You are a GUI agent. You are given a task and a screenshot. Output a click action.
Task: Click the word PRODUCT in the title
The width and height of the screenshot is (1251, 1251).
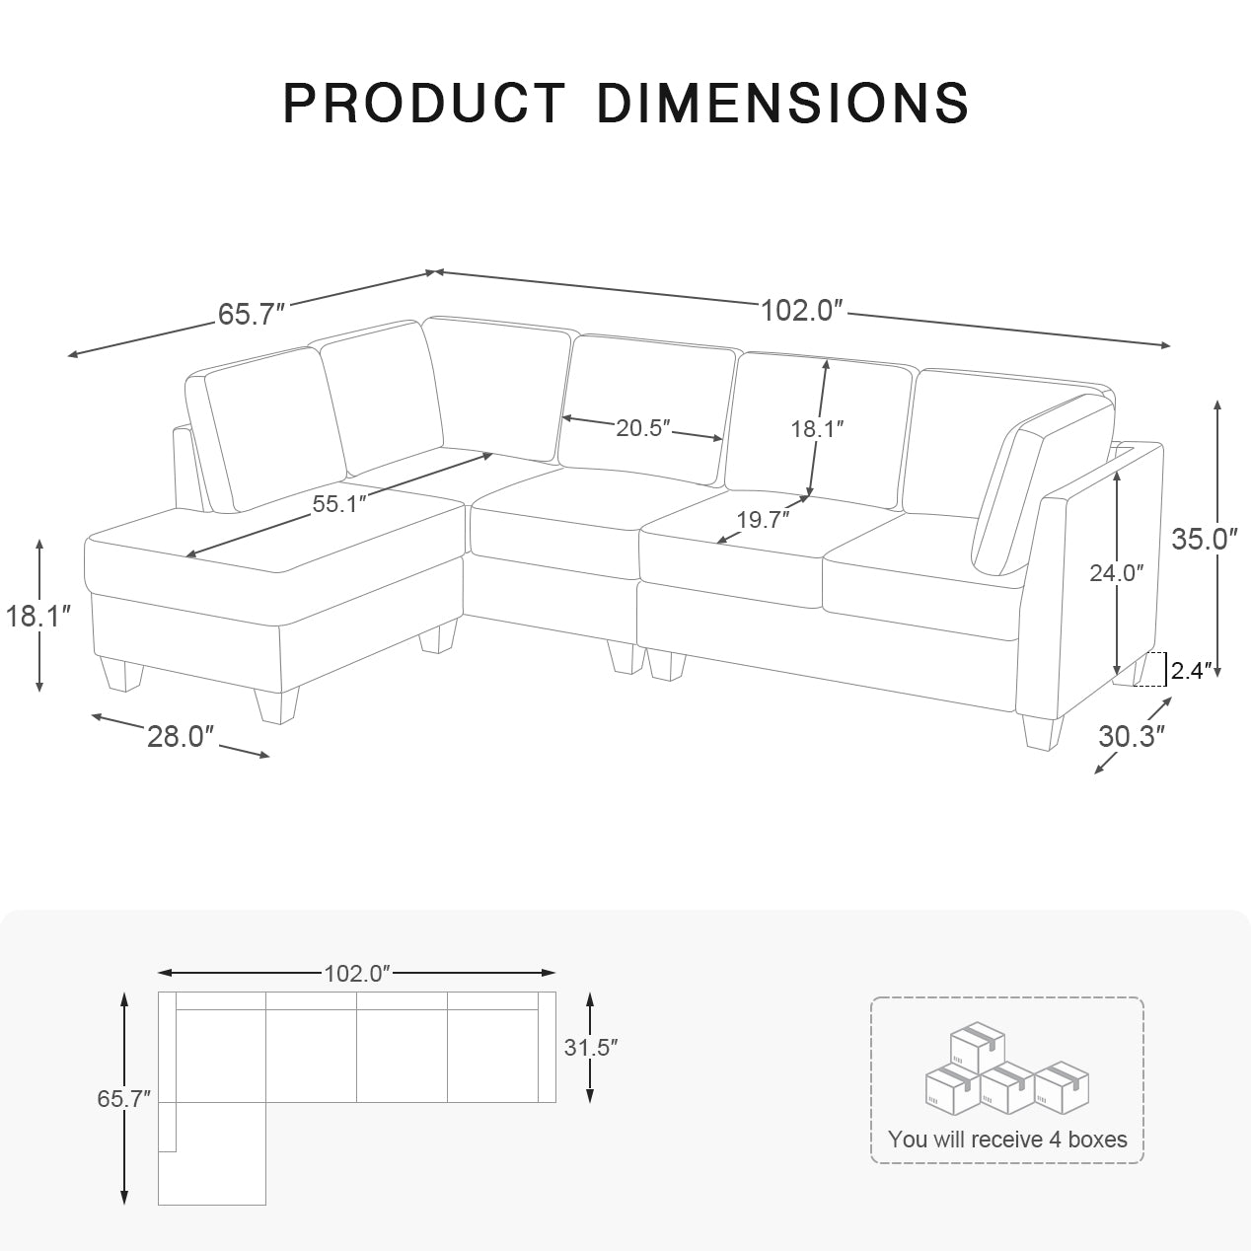coord(424,103)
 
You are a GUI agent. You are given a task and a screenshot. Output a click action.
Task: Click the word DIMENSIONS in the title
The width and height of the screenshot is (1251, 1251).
coord(783,103)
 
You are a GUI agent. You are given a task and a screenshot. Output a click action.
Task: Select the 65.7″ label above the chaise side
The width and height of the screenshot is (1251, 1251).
coord(252,314)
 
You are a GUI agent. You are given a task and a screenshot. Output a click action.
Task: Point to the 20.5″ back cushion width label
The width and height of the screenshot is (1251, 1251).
coord(643,428)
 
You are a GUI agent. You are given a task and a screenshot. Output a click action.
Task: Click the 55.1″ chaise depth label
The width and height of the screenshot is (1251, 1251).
coord(339,503)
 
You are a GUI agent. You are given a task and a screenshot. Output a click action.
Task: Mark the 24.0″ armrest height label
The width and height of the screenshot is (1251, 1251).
coord(1116,572)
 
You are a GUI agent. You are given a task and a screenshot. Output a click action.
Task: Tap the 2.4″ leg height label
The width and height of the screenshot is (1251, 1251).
coord(1192,672)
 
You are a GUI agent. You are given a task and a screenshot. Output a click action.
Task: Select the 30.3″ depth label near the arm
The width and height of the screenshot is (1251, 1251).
coord(1133,736)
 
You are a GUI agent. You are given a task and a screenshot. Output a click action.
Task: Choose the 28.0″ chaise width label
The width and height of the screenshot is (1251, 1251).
coord(181,736)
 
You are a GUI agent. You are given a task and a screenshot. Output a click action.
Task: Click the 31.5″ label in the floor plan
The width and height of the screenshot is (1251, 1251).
coord(591,1048)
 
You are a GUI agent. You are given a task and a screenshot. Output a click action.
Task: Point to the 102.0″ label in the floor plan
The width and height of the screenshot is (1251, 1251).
coord(358,974)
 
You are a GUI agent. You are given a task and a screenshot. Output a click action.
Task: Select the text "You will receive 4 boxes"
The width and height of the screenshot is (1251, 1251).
coord(1007,1140)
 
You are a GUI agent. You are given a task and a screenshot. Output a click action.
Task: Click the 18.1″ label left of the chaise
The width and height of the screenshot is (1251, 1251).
coord(39,617)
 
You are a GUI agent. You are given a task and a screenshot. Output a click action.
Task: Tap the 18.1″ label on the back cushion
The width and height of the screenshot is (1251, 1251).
coord(817,429)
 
